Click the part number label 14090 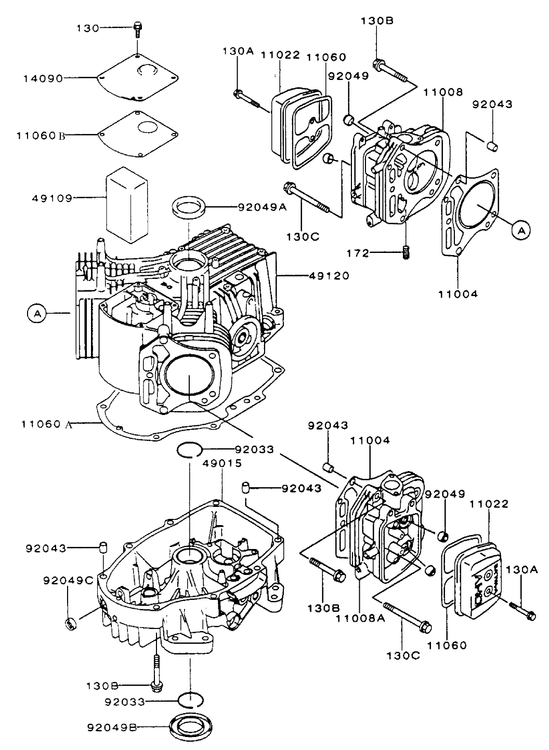[x=42, y=78]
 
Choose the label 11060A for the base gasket [x=46, y=424]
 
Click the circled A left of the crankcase [x=36, y=313]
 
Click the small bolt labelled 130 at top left [x=138, y=29]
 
